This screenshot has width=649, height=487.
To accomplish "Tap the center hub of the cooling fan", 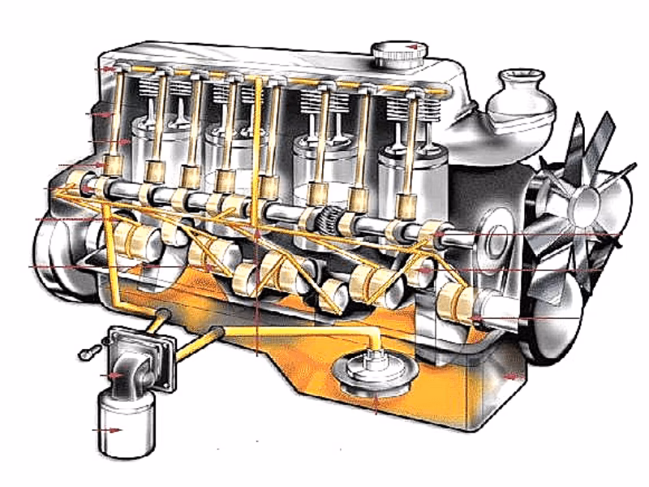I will [582, 204].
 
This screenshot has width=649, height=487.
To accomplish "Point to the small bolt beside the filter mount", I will [89, 351].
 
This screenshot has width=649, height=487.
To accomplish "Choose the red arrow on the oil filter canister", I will [110, 429].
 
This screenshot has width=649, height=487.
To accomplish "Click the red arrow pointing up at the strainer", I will [376, 403].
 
